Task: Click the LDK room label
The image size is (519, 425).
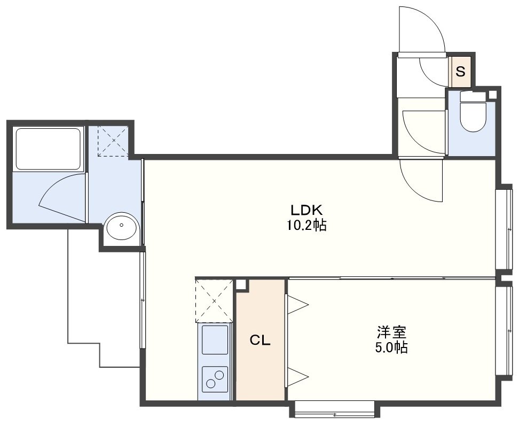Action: click(x=306, y=210)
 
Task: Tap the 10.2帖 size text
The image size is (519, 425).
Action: click(x=306, y=226)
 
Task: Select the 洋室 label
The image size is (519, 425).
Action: click(x=391, y=332)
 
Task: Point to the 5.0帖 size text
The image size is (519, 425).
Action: click(x=391, y=347)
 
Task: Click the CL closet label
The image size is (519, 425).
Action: click(x=260, y=340)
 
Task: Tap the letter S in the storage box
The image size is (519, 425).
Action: click(x=460, y=71)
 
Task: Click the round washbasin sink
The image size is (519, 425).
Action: click(x=121, y=226)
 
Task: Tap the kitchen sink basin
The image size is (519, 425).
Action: click(x=215, y=340)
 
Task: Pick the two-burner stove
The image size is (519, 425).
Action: click(x=215, y=378)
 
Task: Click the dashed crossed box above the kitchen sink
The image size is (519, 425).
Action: click(x=214, y=301)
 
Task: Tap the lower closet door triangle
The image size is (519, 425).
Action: click(x=298, y=376)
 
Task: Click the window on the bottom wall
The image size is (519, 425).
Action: click(x=334, y=409)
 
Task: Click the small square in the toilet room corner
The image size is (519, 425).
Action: click(x=493, y=94)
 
